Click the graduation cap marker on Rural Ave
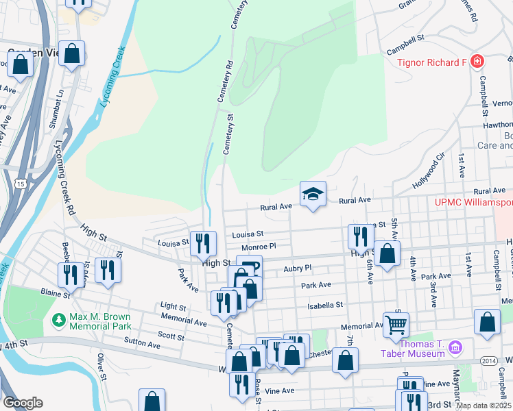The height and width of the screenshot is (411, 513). point(313,195)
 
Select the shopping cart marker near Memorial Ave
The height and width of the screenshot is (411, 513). point(396,325)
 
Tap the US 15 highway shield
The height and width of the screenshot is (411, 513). point(21,184)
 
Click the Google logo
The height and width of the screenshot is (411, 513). point(23,403)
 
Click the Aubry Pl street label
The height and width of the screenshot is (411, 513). point(298,269)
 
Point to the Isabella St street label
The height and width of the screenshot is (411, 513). point(324,306)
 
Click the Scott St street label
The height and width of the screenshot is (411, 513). point(171,336)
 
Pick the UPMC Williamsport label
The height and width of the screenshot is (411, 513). point(474,203)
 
